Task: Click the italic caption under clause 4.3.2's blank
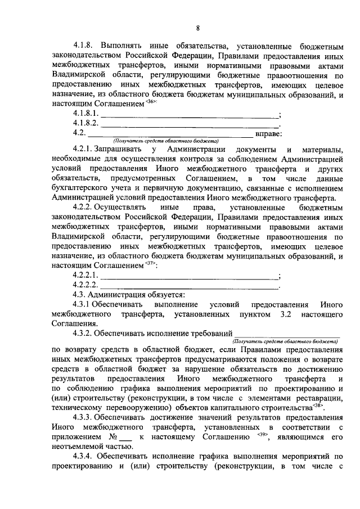284,341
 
